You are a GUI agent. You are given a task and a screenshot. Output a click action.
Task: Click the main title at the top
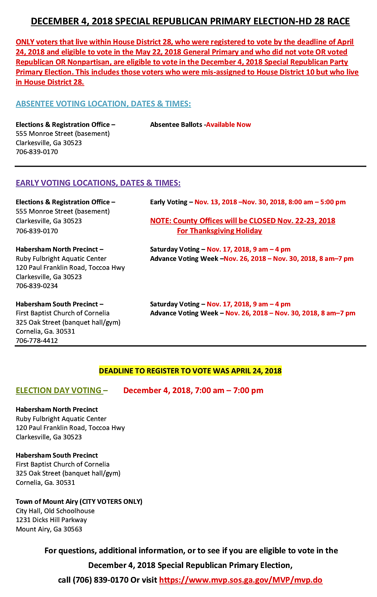(x=190, y=21)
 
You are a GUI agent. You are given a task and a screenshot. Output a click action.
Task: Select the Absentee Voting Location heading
(x=103, y=104)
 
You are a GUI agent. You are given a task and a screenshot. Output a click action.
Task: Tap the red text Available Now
(x=228, y=125)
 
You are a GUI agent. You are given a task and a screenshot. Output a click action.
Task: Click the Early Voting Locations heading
(x=98, y=183)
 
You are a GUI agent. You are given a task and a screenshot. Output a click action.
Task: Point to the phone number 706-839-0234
(x=37, y=286)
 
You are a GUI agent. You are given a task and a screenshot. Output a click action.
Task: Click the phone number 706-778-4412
(x=37, y=340)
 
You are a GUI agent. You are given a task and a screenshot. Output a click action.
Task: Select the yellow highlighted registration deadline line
(x=190, y=371)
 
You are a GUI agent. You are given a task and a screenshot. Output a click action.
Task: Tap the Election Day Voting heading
(x=59, y=390)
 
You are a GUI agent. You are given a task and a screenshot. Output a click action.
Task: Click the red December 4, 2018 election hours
(x=193, y=390)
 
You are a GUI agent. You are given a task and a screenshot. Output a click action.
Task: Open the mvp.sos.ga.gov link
(x=240, y=580)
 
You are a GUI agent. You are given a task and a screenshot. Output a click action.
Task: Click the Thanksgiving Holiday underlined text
(x=219, y=231)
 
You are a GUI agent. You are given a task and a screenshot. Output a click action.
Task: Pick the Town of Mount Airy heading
(x=79, y=501)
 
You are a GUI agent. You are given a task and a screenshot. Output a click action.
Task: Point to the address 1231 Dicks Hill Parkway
(x=51, y=520)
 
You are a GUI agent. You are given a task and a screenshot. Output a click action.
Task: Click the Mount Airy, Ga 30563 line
(x=49, y=529)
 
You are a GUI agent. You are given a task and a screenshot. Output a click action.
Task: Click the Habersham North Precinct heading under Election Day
(x=57, y=409)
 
